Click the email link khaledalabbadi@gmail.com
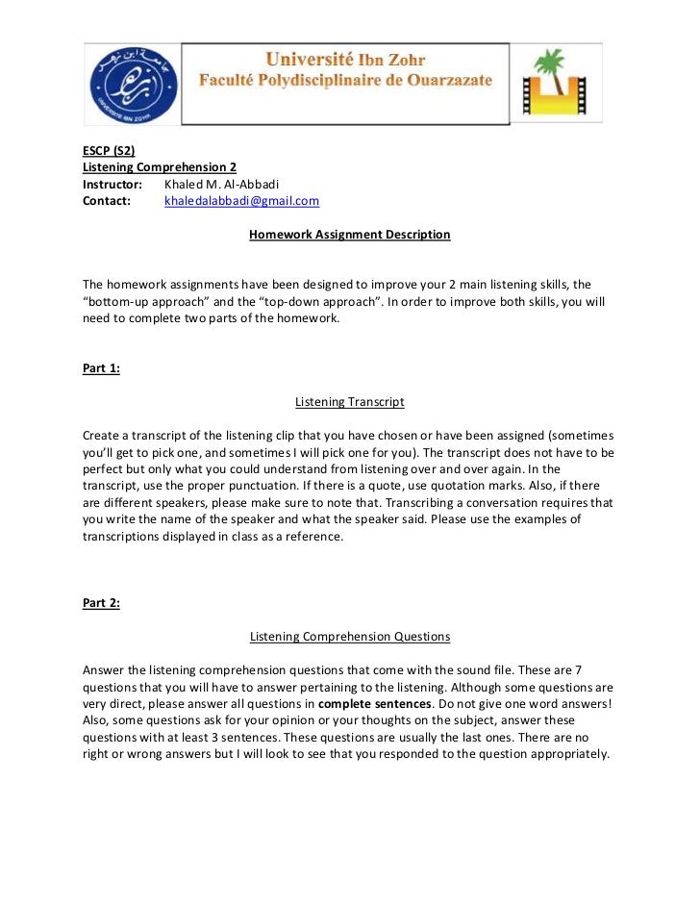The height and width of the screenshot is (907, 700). coord(241,201)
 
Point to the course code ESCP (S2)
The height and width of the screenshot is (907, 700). coord(109,150)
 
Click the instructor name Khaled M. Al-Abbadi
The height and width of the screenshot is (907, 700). coord(221,184)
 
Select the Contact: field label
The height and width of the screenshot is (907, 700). coord(106,201)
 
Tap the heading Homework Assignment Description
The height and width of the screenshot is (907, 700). coord(349,234)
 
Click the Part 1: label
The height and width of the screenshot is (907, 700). coord(101,368)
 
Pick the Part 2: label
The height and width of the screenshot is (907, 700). coord(101,603)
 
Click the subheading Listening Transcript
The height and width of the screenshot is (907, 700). coord(349,401)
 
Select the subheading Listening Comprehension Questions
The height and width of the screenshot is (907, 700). coord(349,636)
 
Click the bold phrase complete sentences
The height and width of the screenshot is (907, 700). coord(374,703)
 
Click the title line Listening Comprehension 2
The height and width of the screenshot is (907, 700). coord(160,166)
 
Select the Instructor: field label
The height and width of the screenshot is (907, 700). coord(112,184)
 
